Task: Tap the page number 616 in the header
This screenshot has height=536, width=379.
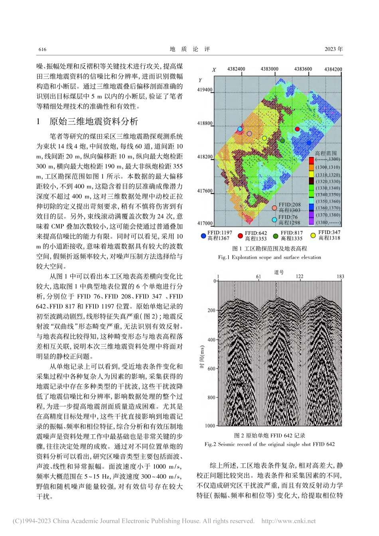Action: (x=42, y=49)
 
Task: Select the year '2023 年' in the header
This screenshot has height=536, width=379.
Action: (x=334, y=49)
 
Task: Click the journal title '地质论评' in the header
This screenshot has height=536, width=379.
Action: (x=189, y=49)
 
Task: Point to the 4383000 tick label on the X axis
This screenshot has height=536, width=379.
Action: (x=269, y=69)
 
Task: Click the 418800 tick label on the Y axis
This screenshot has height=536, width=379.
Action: (x=205, y=124)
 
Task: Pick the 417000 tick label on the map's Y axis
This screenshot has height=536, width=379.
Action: (x=205, y=223)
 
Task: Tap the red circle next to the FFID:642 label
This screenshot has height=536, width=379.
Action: (x=240, y=236)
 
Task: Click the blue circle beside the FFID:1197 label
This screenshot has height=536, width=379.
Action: (x=203, y=236)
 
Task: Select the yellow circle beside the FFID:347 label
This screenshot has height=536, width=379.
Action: (x=313, y=235)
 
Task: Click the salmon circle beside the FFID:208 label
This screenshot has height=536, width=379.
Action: (x=274, y=208)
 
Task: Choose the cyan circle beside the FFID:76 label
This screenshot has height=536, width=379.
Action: (x=274, y=220)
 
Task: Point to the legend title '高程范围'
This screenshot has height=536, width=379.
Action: (x=326, y=153)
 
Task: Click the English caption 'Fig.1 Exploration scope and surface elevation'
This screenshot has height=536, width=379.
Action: (x=269, y=257)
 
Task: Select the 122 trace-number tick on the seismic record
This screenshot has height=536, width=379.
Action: (x=300, y=276)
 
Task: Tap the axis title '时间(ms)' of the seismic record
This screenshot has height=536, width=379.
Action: (x=202, y=357)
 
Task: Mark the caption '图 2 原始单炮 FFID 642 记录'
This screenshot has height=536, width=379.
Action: (x=269, y=436)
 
